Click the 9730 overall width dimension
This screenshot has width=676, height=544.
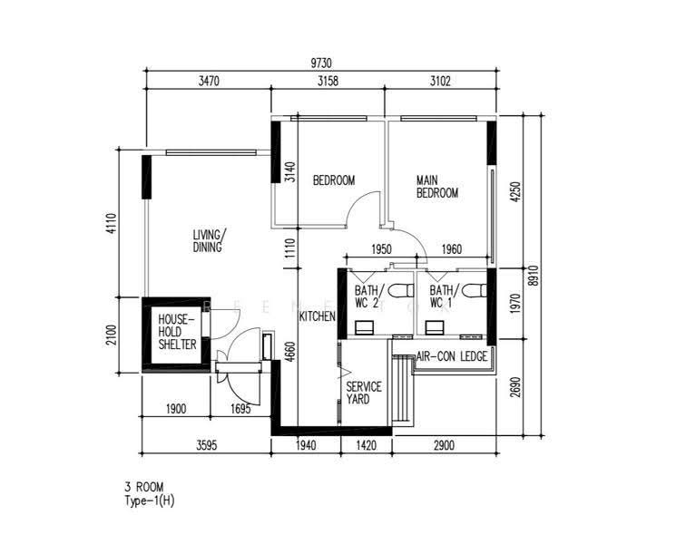(x=321, y=63)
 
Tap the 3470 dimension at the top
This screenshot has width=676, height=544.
(x=209, y=81)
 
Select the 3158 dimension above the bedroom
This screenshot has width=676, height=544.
(x=328, y=81)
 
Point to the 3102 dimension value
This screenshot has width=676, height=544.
(x=440, y=81)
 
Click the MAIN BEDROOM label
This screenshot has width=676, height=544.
(x=436, y=187)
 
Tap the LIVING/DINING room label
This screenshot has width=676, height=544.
(x=209, y=241)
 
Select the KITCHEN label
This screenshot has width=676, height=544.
(x=318, y=316)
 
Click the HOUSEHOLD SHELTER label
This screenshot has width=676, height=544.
(x=177, y=332)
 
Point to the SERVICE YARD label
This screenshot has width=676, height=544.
(x=364, y=393)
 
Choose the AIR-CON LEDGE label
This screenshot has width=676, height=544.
(x=452, y=356)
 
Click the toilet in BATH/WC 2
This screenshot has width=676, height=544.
(x=400, y=291)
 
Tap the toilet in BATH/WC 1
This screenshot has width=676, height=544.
(x=474, y=291)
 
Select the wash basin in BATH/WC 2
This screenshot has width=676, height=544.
(x=364, y=328)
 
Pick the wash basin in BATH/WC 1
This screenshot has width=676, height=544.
(x=435, y=328)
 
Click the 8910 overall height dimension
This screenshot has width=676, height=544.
(x=534, y=276)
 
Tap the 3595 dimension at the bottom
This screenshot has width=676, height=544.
(x=207, y=445)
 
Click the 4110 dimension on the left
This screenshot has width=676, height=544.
(x=112, y=224)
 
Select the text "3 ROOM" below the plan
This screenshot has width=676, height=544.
(x=144, y=487)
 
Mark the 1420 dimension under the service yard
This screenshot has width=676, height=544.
(x=366, y=445)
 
